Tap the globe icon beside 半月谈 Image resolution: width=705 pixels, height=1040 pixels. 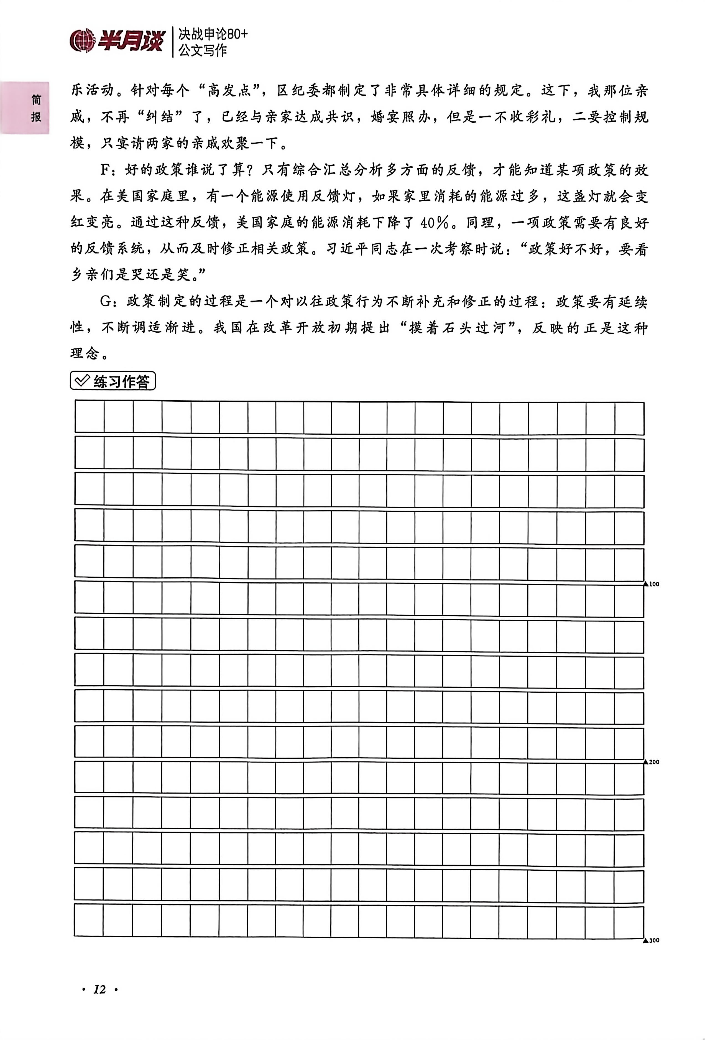pyautogui.click(x=82, y=41)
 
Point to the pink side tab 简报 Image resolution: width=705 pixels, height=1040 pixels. pyautogui.click(x=36, y=108)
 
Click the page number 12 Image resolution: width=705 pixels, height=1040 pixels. pyautogui.click(x=99, y=990)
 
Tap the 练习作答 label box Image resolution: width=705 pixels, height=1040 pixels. pyautogui.click(x=113, y=381)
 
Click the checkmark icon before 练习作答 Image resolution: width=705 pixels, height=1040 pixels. pyautogui.click(x=82, y=381)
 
